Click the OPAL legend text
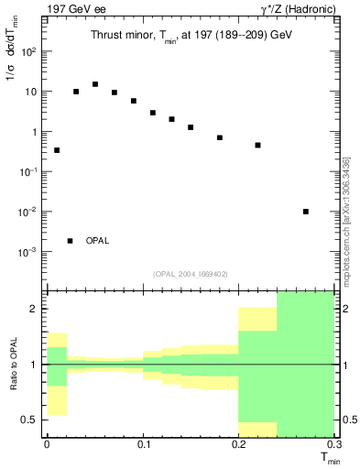pyautogui.click(x=97, y=241)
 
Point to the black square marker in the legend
pyautogui.click(x=71, y=241)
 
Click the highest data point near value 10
pyautogui.click(x=95, y=84)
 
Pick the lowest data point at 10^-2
pyautogui.click(x=306, y=212)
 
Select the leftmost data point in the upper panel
pyautogui.click(x=57, y=150)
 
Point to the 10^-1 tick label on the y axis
pyautogui.click(x=29, y=172)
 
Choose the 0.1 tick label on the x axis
pyautogui.click(x=143, y=444)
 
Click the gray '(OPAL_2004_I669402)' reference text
pyautogui.click(x=190, y=273)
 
